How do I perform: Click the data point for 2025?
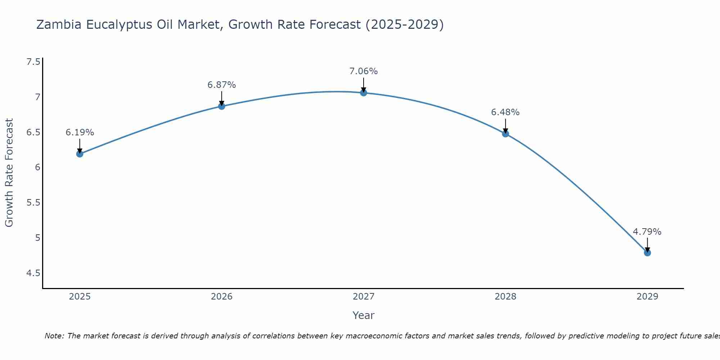80,154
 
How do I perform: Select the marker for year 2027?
364,93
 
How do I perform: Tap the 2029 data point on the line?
647,253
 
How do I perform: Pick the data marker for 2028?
505,134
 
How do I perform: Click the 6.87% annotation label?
221,85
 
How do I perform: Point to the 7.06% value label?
364,71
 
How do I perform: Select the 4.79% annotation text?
647,232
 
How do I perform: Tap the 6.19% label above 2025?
80,132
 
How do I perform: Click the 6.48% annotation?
505,112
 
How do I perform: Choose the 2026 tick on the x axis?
221,297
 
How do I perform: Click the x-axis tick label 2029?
647,297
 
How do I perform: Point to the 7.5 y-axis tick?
33,62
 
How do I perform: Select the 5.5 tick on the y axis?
33,203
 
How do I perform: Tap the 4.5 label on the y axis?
33,273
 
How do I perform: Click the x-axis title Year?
363,315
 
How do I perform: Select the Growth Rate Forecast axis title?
9,173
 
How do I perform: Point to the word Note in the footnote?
54,336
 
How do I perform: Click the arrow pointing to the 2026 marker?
221,98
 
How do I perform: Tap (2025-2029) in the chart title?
404,24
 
